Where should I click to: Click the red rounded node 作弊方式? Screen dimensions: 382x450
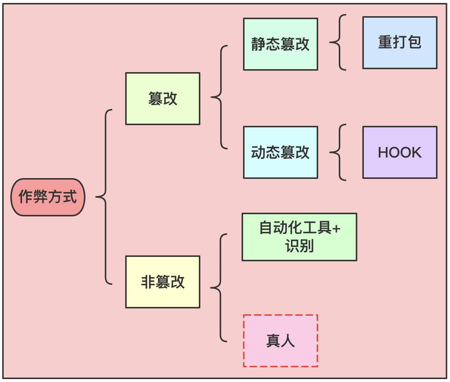(48, 197)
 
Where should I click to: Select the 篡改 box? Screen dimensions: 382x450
(162, 99)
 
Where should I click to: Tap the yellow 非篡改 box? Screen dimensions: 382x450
(162, 282)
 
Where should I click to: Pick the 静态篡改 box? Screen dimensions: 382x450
(280, 44)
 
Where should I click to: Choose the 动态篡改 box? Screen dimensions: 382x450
(280, 152)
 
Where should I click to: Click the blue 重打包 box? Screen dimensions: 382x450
(400, 43)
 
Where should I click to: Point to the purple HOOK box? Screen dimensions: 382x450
(400, 152)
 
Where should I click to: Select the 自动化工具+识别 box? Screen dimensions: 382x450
(299, 237)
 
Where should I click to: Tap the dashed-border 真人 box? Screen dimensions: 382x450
(280, 341)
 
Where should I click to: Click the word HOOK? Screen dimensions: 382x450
(400, 152)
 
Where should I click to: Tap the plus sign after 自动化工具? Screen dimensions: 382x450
(336, 229)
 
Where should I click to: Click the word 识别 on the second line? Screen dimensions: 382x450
(299, 246)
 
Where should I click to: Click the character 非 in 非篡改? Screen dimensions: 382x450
(148, 282)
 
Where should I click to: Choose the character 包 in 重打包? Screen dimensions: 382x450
(415, 42)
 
